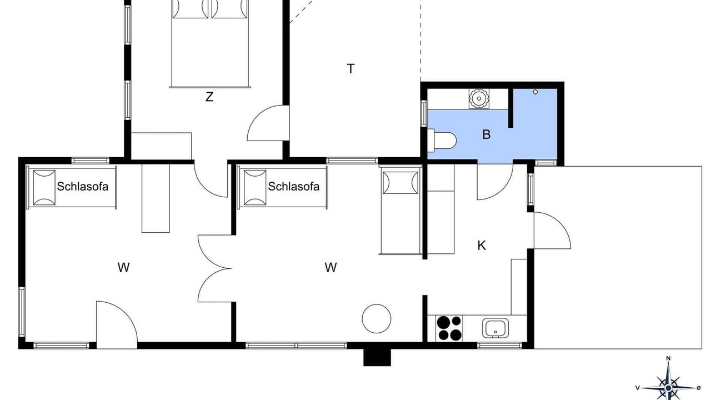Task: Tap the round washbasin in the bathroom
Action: coord(479,98)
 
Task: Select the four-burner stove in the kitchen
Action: coord(449,328)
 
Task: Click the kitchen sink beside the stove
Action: coord(495,328)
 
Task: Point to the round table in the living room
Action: coord(377,318)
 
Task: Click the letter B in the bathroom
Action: coord(486,134)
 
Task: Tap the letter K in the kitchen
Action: coord(482,246)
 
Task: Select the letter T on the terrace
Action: coord(351,68)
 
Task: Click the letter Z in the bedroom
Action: coord(209,97)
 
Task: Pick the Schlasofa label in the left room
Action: coord(83,186)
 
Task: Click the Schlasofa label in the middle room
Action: coord(294,186)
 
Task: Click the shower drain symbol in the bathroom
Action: coord(535,92)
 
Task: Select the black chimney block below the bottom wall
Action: coord(377,357)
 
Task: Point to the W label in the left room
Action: coord(123,268)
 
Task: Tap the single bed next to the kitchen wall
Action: coord(400,210)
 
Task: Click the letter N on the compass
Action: coord(668,359)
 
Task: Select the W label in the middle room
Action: coord(331,268)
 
